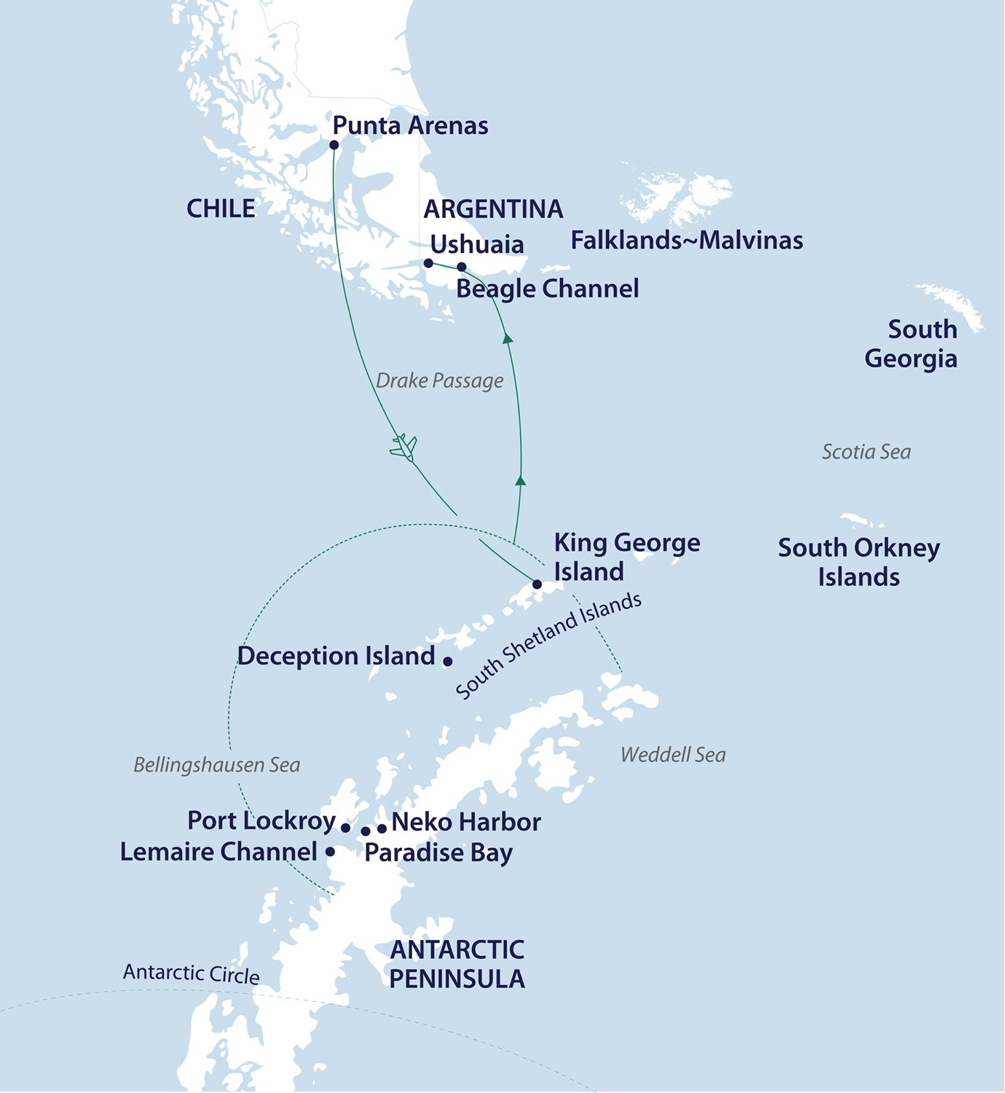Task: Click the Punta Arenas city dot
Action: (334, 145)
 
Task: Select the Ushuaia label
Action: (477, 244)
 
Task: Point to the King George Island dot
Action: (537, 584)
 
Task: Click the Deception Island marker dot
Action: (447, 662)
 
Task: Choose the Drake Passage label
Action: (439, 380)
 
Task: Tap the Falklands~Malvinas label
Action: (686, 240)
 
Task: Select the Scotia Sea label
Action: (866, 452)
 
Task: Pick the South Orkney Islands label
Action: (859, 562)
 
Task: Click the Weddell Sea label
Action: (673, 755)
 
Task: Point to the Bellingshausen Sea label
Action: (216, 765)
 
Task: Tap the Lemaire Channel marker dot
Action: (330, 851)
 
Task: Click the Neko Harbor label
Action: (466, 823)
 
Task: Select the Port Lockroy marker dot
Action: (345, 828)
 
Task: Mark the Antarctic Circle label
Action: (191, 973)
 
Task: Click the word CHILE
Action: (221, 208)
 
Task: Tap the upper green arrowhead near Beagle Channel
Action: (508, 338)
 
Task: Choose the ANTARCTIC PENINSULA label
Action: (457, 965)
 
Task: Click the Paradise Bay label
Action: (438, 853)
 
